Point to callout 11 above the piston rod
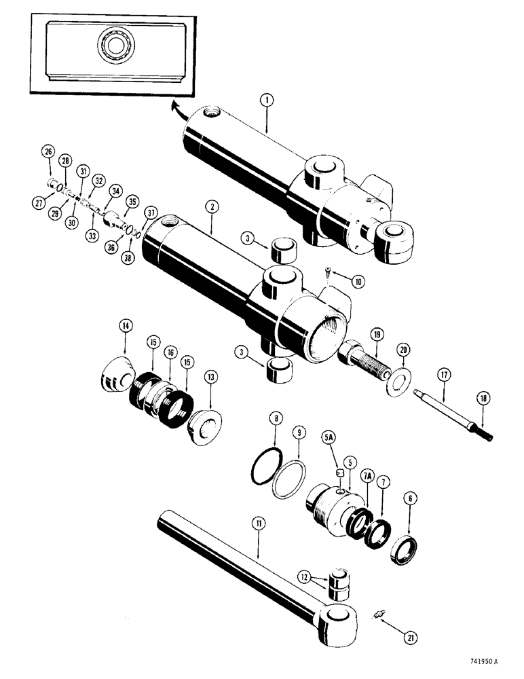pos(260,523)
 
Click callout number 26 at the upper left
pos(48,151)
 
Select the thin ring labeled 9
pos(290,479)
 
